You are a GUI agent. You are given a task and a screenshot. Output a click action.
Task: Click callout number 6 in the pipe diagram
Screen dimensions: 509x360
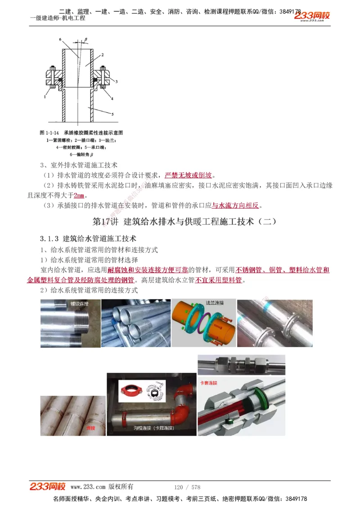pos(60,40)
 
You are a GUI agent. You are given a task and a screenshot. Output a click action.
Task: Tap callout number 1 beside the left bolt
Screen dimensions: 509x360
pos(45,96)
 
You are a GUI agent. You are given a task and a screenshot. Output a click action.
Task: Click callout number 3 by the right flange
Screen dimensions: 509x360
pos(116,82)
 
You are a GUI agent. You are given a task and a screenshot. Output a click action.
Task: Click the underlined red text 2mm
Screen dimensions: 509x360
pos(79,196)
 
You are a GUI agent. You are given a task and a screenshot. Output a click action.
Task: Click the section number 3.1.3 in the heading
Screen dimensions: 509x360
pos(50,238)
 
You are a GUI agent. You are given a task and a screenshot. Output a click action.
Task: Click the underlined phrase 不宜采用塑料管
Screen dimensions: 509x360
pos(219,280)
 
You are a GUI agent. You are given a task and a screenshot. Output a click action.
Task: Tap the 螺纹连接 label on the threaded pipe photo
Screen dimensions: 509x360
pos(80,304)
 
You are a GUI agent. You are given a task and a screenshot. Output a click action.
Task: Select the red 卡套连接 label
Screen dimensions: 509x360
pos(208,383)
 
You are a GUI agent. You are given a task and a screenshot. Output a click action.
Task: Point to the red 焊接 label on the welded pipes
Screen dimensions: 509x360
pos(91,428)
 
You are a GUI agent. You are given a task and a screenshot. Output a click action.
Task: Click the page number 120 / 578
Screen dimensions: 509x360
pos(187,487)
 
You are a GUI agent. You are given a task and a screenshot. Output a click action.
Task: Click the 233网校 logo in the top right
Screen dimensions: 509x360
pos(312,16)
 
